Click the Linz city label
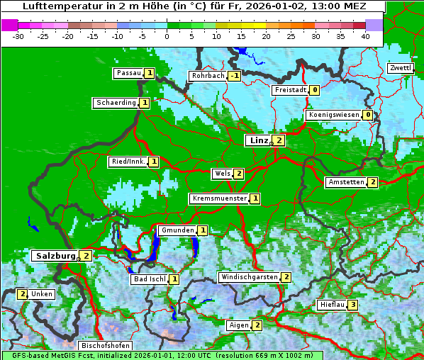click(258, 140)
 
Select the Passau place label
click(128, 73)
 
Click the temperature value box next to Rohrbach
click(234, 76)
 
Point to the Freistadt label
click(290, 90)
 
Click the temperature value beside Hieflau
click(352, 305)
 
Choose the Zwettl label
click(400, 68)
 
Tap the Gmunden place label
click(177, 230)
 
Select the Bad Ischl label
click(150, 279)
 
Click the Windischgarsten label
click(249, 277)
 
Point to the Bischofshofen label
click(105, 346)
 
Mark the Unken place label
click(42, 294)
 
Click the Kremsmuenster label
click(219, 198)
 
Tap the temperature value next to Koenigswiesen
click(367, 115)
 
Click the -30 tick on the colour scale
click(18, 36)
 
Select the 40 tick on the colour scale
click(364, 36)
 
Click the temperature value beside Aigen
click(257, 325)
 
